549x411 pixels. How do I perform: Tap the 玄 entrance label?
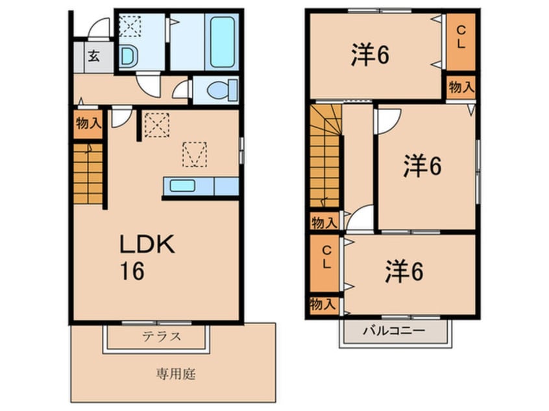click(93, 56)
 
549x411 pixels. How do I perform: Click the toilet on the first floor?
click(215, 91)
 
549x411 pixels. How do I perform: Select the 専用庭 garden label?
click(175, 374)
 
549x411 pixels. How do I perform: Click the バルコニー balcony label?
click(393, 331)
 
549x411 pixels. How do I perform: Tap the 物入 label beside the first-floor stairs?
click(88, 123)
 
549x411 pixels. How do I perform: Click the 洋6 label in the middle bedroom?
click(422, 167)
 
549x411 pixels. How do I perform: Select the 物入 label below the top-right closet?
click(459, 87)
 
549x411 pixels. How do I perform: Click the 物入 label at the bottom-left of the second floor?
click(323, 304)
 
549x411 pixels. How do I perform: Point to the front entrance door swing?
click(99, 28)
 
